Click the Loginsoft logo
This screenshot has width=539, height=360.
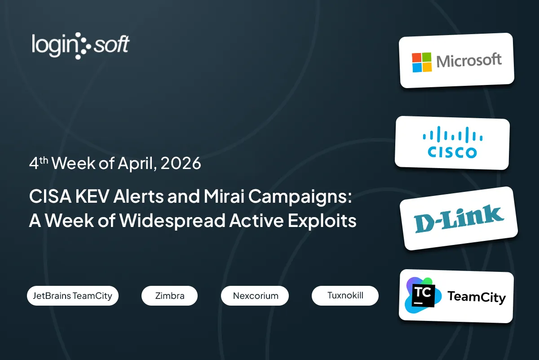click(80, 46)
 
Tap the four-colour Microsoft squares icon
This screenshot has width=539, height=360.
click(422, 62)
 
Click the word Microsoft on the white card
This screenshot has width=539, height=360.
click(469, 60)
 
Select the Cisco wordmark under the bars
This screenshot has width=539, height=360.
click(452, 152)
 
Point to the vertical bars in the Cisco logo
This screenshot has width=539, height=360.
click(453, 134)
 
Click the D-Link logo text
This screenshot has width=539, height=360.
click(459, 218)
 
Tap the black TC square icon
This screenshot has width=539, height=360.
click(423, 295)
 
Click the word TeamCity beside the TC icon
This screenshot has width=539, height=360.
click(477, 297)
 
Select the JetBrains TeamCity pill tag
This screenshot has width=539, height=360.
click(73, 296)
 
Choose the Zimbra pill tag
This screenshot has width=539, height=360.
click(170, 296)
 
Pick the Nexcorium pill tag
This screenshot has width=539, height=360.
click(255, 296)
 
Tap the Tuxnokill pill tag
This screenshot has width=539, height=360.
click(345, 295)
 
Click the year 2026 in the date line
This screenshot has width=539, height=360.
click(181, 163)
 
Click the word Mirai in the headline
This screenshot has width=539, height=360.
click(224, 196)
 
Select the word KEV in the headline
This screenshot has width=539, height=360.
click(92, 196)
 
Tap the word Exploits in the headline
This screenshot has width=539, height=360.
click(322, 221)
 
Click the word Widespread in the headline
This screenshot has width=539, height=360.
click(172, 221)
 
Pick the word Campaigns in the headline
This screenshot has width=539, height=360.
click(300, 197)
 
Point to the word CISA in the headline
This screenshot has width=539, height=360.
click(50, 196)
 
